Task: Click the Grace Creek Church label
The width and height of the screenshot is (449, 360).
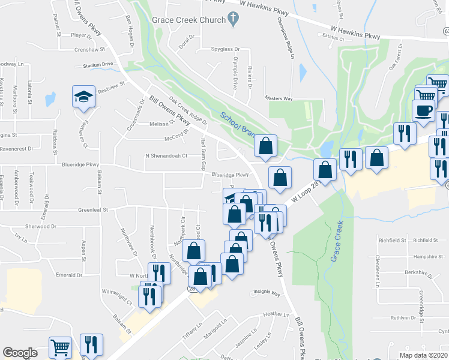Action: pos(189,19)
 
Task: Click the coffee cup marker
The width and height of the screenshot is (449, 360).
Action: pos(424,111)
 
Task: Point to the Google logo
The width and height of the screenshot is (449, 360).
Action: pos(20,353)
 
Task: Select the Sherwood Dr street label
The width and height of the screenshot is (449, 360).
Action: pos(41,227)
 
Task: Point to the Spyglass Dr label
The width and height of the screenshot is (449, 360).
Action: pos(225,49)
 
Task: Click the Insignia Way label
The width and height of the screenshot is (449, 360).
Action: pos(266,293)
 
